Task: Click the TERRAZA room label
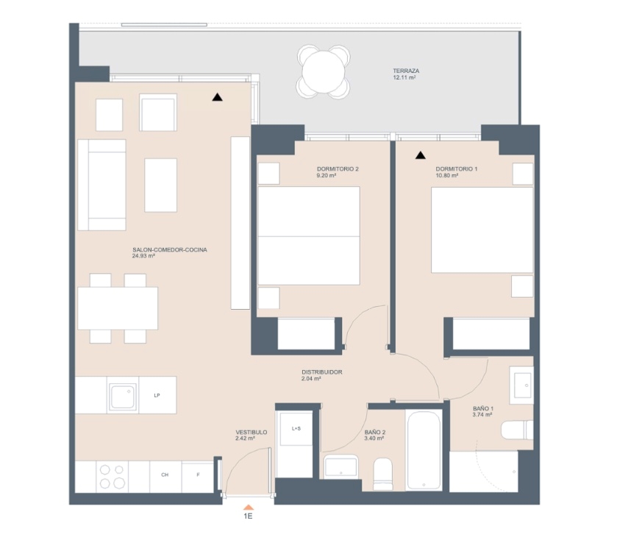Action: pyautogui.click(x=406, y=71)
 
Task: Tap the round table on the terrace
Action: pyautogui.click(x=324, y=71)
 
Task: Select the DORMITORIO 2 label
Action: pyautogui.click(x=338, y=169)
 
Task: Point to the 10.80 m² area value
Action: pyautogui.click(x=446, y=176)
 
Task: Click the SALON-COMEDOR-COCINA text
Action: pyautogui.click(x=170, y=249)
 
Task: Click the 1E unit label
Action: pyautogui.click(x=248, y=516)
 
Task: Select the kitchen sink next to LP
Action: pyautogui.click(x=123, y=396)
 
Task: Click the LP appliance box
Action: pyautogui.click(x=157, y=395)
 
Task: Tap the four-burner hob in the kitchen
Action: pyautogui.click(x=112, y=477)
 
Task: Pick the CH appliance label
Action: pyautogui.click(x=165, y=475)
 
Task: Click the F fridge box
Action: pyautogui.click(x=198, y=477)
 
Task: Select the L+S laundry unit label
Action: pyautogui.click(x=296, y=429)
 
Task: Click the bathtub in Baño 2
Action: pyautogui.click(x=424, y=450)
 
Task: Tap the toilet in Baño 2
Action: pyautogui.click(x=382, y=474)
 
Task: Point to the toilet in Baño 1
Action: pyautogui.click(x=517, y=430)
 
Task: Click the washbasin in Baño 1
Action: pyautogui.click(x=522, y=385)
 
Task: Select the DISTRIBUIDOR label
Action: pyautogui.click(x=322, y=372)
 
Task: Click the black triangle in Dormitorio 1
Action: pyautogui.click(x=421, y=155)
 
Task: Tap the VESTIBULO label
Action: pyautogui.click(x=252, y=432)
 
